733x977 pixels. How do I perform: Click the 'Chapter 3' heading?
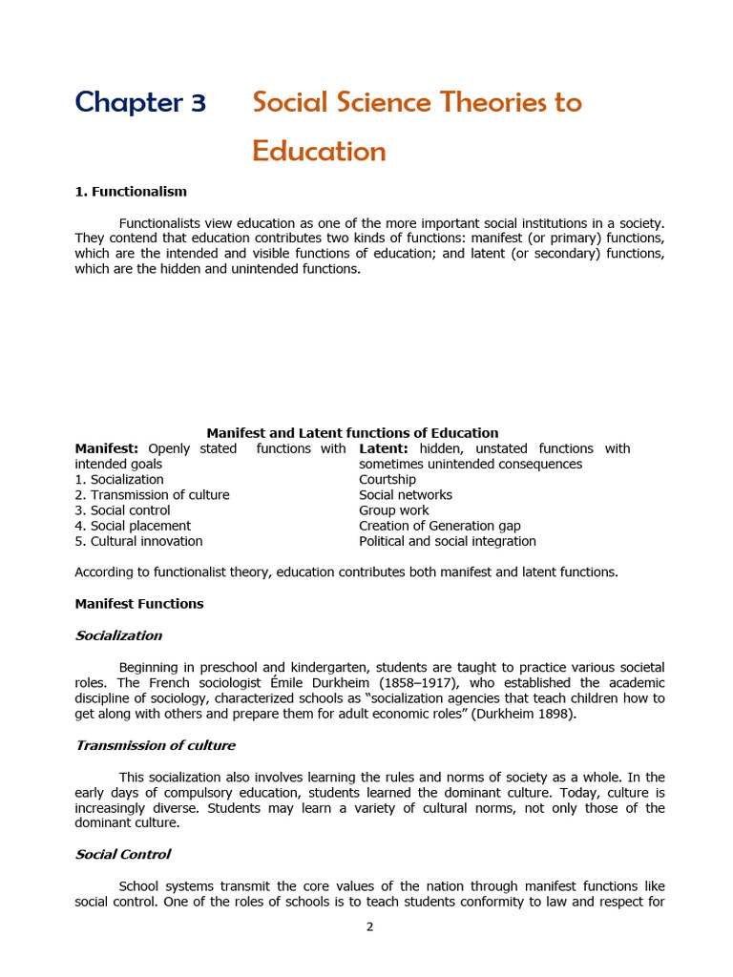tap(140, 102)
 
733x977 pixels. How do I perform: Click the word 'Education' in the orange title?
tap(319, 152)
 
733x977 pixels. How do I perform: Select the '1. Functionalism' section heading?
tap(131, 192)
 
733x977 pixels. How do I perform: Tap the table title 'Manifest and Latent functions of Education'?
tap(352, 433)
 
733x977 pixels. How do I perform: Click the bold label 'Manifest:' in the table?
tap(107, 448)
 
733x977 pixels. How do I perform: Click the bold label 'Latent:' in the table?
tap(384, 448)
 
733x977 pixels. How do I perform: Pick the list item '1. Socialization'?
tap(119, 480)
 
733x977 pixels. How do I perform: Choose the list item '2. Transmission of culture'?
tap(152, 495)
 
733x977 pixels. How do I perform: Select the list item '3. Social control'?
tap(122, 510)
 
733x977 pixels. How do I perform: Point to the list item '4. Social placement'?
tap(133, 526)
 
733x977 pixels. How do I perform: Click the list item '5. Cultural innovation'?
tap(138, 541)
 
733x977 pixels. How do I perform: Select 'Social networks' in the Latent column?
tap(406, 495)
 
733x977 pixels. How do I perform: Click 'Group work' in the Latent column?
tap(393, 510)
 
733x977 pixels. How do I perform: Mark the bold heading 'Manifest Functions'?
tap(139, 604)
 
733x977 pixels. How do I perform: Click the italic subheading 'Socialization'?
tap(118, 635)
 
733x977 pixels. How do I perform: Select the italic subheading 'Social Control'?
tap(122, 855)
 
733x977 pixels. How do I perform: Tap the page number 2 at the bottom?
tap(369, 926)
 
